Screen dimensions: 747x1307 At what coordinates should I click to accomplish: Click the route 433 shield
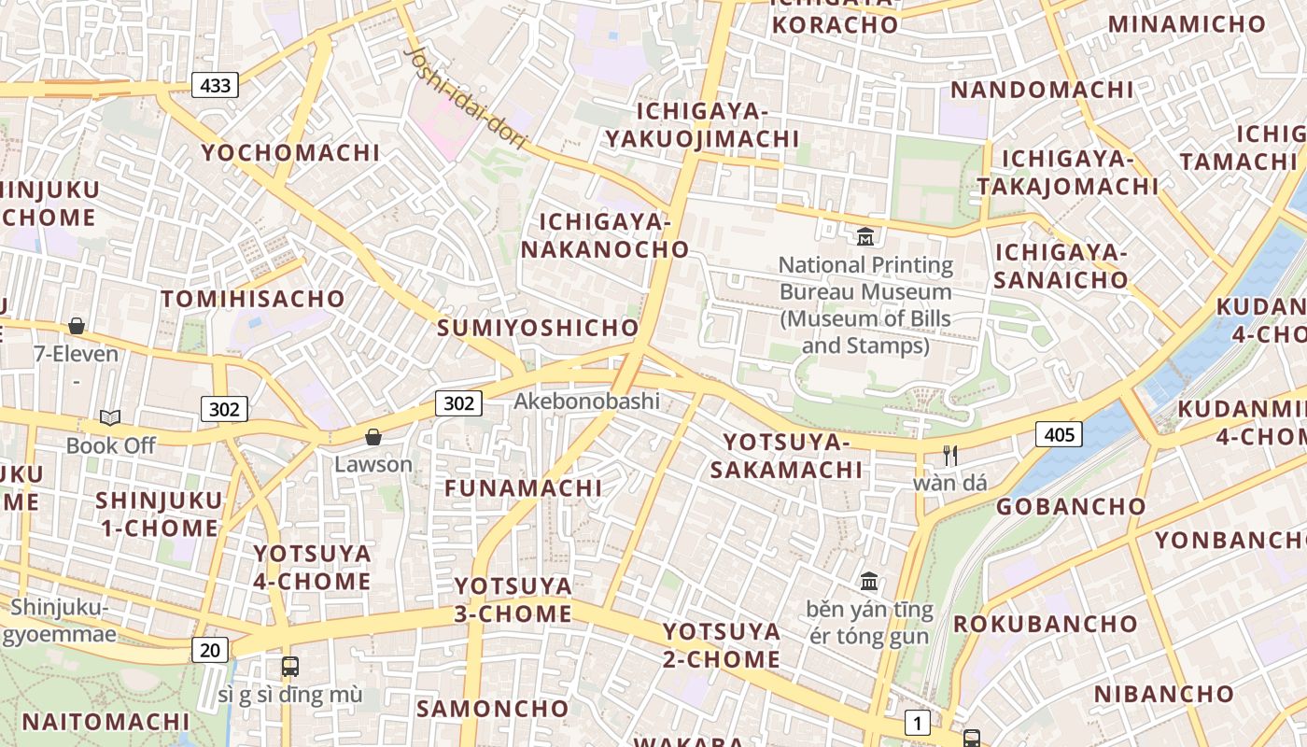point(215,86)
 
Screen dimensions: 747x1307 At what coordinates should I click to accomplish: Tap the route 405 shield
point(1058,434)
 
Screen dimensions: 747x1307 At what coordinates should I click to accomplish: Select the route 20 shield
point(210,650)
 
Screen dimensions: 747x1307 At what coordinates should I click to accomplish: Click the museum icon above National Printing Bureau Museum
point(865,236)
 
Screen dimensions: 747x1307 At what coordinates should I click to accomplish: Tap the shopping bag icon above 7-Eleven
point(77,326)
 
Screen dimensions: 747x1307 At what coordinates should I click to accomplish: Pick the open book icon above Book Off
point(110,417)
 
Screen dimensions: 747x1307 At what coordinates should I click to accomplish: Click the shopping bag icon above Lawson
point(373,436)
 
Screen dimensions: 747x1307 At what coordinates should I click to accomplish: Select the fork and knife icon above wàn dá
point(950,456)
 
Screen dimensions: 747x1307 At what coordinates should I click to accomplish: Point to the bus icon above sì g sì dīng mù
point(290,667)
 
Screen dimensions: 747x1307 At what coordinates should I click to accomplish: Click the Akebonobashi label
point(587,402)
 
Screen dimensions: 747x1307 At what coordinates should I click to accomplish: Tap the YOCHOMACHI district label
point(291,152)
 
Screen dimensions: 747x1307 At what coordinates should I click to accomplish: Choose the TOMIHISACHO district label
point(253,299)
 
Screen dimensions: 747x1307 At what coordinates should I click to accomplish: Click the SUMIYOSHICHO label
point(538,328)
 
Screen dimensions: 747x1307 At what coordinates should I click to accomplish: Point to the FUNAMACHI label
point(523,488)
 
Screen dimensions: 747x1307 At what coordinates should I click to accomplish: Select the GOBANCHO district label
point(1071,507)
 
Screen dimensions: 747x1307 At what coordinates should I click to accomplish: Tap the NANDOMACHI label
point(1042,90)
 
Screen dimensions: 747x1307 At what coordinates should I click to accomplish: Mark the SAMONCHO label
point(492,709)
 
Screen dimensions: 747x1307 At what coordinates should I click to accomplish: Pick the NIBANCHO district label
point(1163,694)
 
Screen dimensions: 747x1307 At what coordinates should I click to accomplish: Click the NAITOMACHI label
point(105,722)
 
